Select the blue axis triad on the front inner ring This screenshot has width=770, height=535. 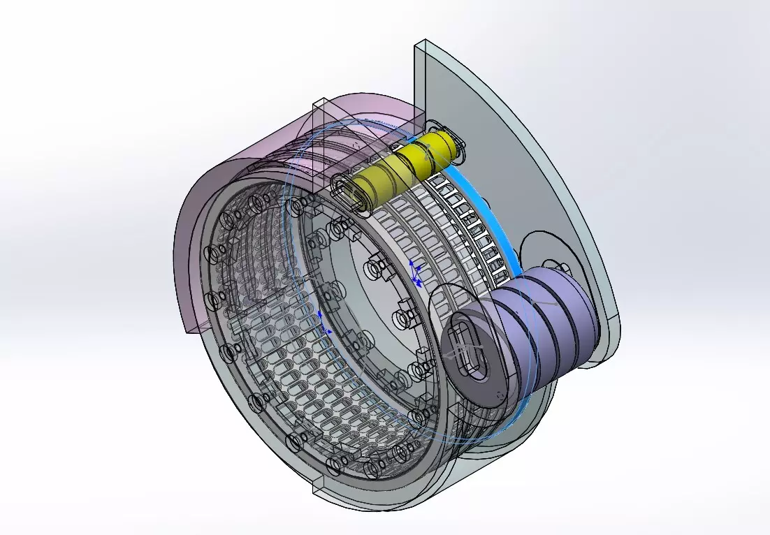(322, 323)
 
